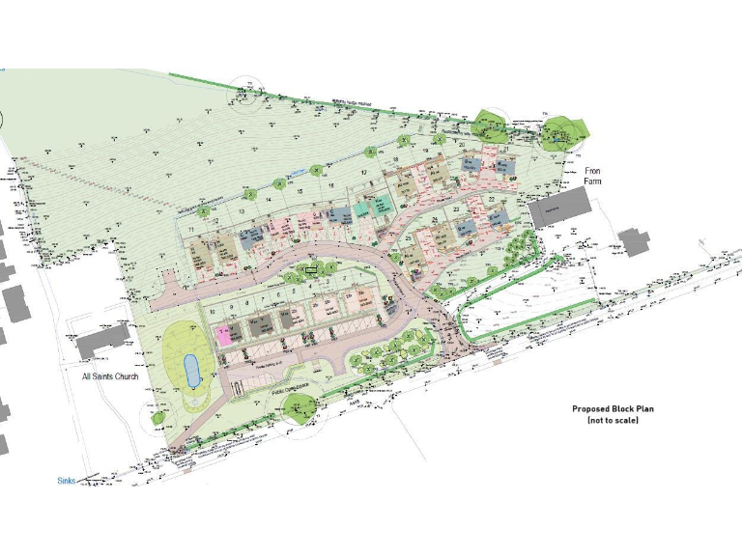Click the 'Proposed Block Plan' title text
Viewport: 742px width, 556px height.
pyautogui.click(x=613, y=409)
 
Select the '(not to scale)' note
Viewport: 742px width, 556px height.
pyautogui.click(x=613, y=421)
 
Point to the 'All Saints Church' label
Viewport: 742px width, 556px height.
pyautogui.click(x=111, y=376)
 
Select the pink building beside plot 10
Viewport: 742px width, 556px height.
pyautogui.click(x=223, y=335)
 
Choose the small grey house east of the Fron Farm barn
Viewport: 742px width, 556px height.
pyautogui.click(x=635, y=240)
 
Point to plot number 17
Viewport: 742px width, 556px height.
pyautogui.click(x=364, y=172)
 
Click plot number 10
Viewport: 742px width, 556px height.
pyautogui.click(x=212, y=312)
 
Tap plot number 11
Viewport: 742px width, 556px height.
pyautogui.click(x=193, y=230)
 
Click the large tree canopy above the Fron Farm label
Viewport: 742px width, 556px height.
pyautogui.click(x=562, y=130)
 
